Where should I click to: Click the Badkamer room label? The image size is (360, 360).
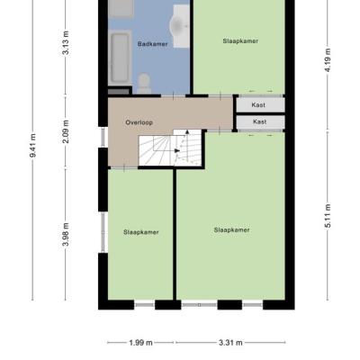coord(152,44)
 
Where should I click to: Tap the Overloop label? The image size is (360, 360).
coord(139,122)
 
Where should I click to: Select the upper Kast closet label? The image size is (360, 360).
coord(258,105)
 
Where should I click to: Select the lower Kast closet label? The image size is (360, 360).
coord(259,121)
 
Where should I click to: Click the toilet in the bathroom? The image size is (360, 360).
coord(144,84)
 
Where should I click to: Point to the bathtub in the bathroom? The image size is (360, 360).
coord(120,57)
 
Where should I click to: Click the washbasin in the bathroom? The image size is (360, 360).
coord(180,26)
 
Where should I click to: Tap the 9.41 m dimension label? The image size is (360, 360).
coord(33,145)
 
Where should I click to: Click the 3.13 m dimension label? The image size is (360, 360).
coord(66,42)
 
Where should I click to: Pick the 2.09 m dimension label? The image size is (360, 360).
coord(66,131)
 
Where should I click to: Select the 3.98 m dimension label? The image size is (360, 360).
coord(66,234)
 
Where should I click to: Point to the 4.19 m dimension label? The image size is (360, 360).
coord(328,60)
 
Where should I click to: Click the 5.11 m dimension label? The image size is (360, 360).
coord(328,216)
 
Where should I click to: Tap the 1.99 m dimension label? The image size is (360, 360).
coord(140,343)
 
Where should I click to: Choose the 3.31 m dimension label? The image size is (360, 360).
coord(230,343)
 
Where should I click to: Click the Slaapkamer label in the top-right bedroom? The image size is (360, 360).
coord(240,41)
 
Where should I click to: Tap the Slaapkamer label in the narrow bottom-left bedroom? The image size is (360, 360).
coord(141,232)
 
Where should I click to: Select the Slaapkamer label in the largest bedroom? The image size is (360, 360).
coord(231,230)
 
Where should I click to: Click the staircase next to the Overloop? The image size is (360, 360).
coord(170,148)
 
